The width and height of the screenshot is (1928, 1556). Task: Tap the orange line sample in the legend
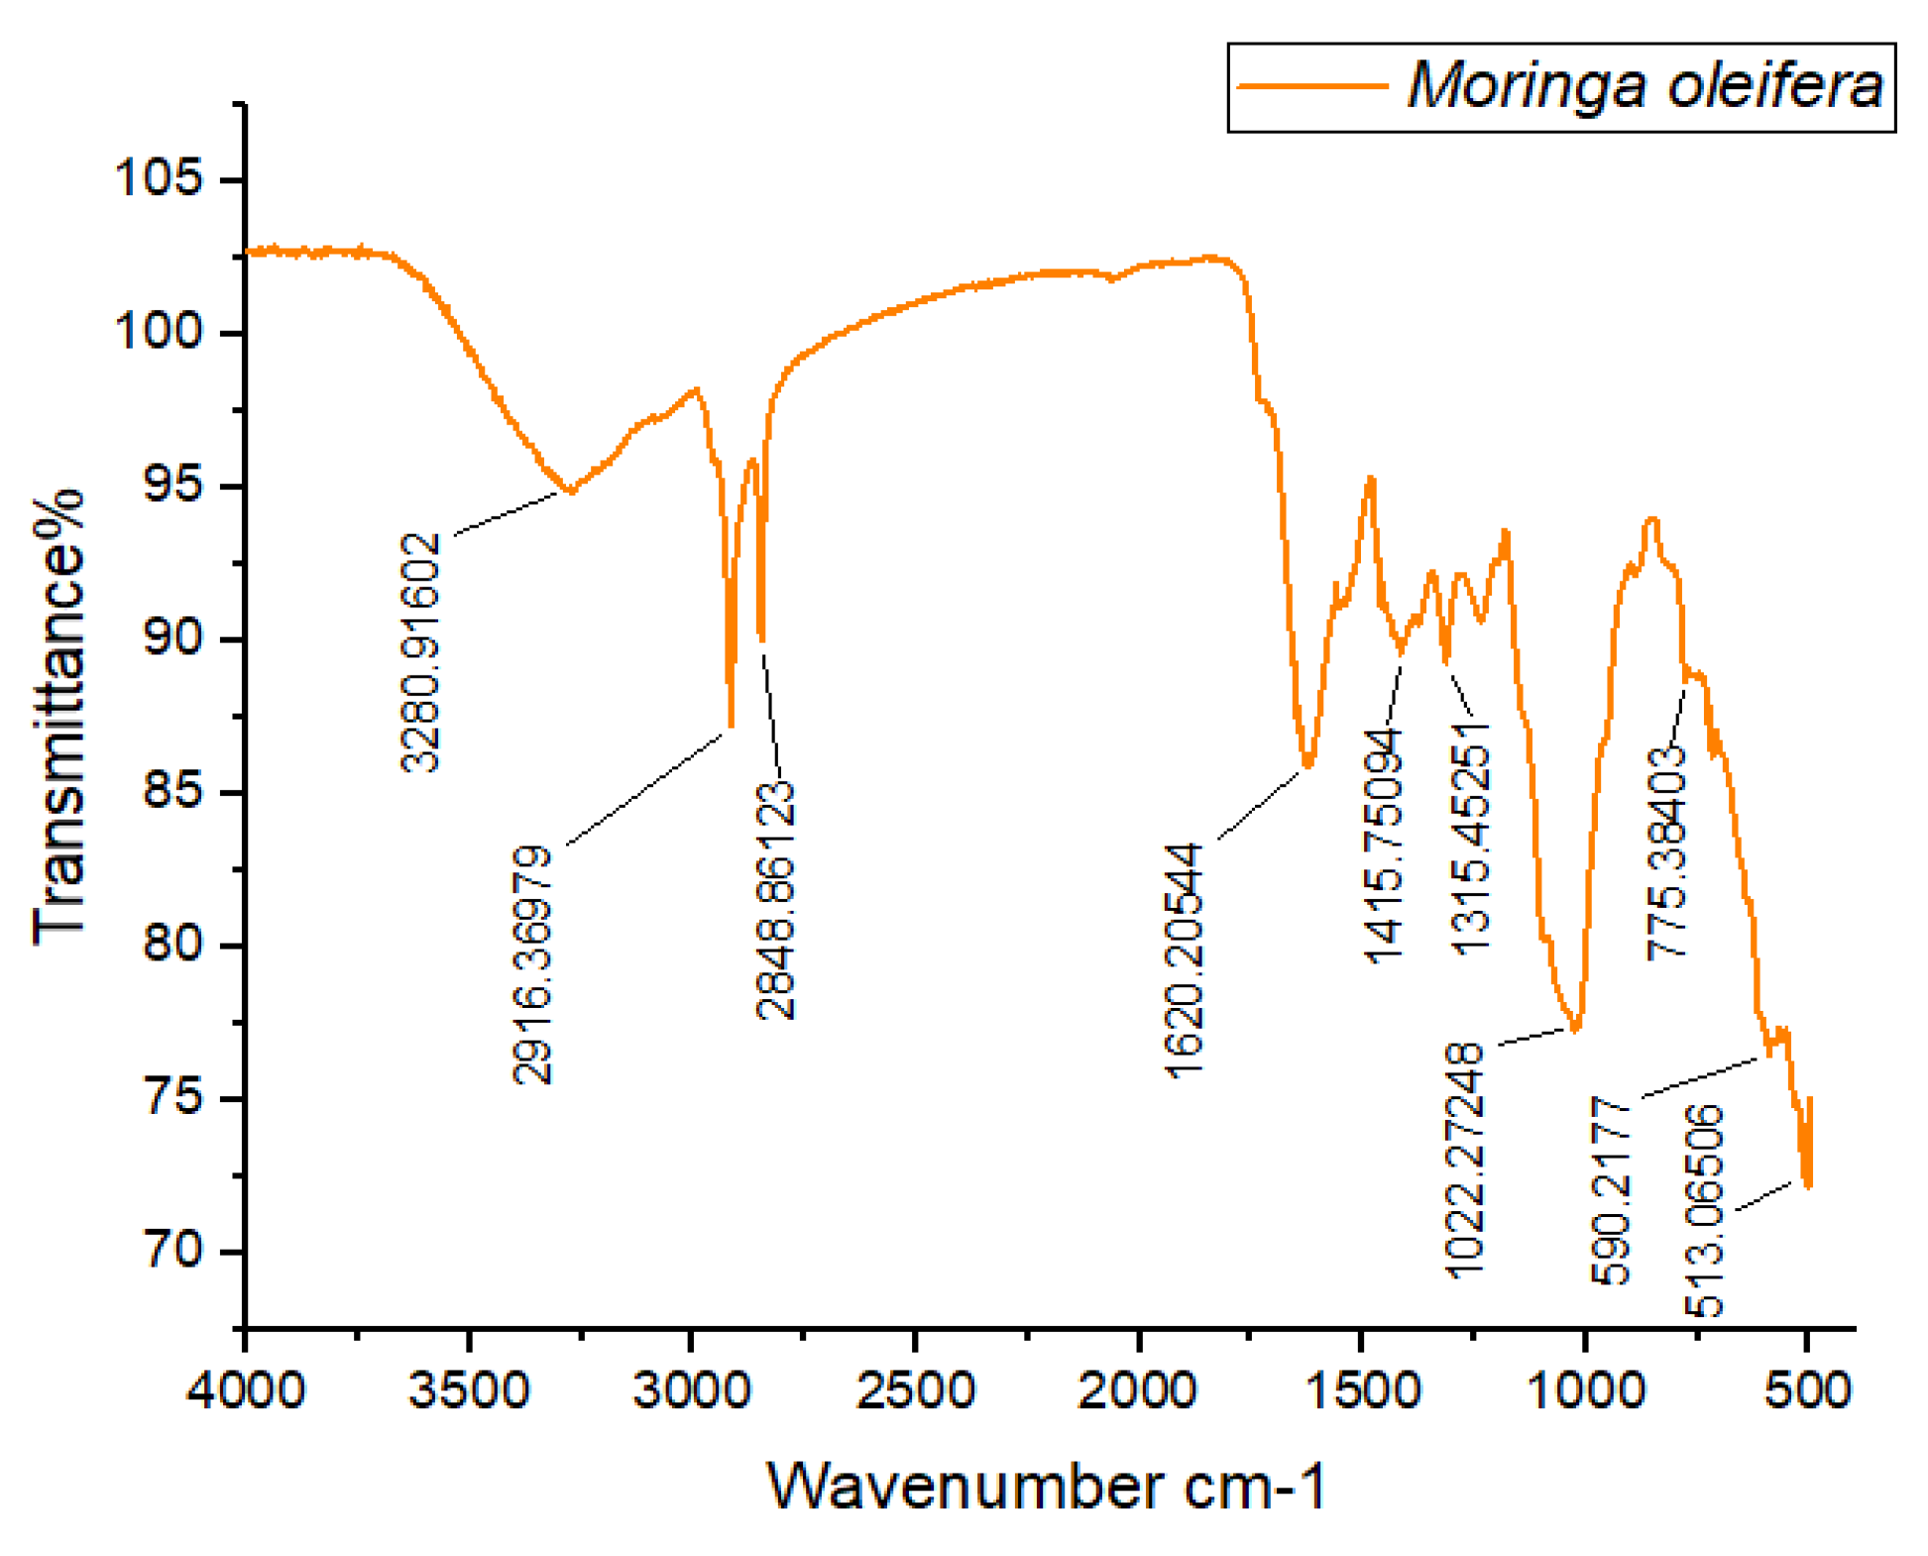tap(1313, 85)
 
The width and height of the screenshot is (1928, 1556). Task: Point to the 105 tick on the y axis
tap(159, 179)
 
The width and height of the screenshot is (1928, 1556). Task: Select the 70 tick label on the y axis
tap(172, 1251)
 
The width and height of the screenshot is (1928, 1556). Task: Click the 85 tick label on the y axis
tap(172, 792)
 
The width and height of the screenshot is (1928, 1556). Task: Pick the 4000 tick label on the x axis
tap(245, 1389)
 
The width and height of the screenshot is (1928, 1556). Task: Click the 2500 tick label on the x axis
tap(915, 1389)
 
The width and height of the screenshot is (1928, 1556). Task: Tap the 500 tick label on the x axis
tap(1807, 1389)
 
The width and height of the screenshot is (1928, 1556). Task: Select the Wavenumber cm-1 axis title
tap(1047, 1487)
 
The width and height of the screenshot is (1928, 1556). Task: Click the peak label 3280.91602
tap(420, 652)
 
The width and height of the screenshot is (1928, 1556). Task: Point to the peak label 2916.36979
tap(532, 964)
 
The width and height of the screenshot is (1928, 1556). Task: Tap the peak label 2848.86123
tap(775, 900)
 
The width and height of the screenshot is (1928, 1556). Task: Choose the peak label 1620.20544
tap(1184, 959)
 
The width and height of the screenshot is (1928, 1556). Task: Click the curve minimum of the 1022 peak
tap(1575, 1028)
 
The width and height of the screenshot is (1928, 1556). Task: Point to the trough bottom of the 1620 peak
tap(1307, 764)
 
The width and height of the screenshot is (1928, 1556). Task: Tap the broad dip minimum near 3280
tap(570, 491)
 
